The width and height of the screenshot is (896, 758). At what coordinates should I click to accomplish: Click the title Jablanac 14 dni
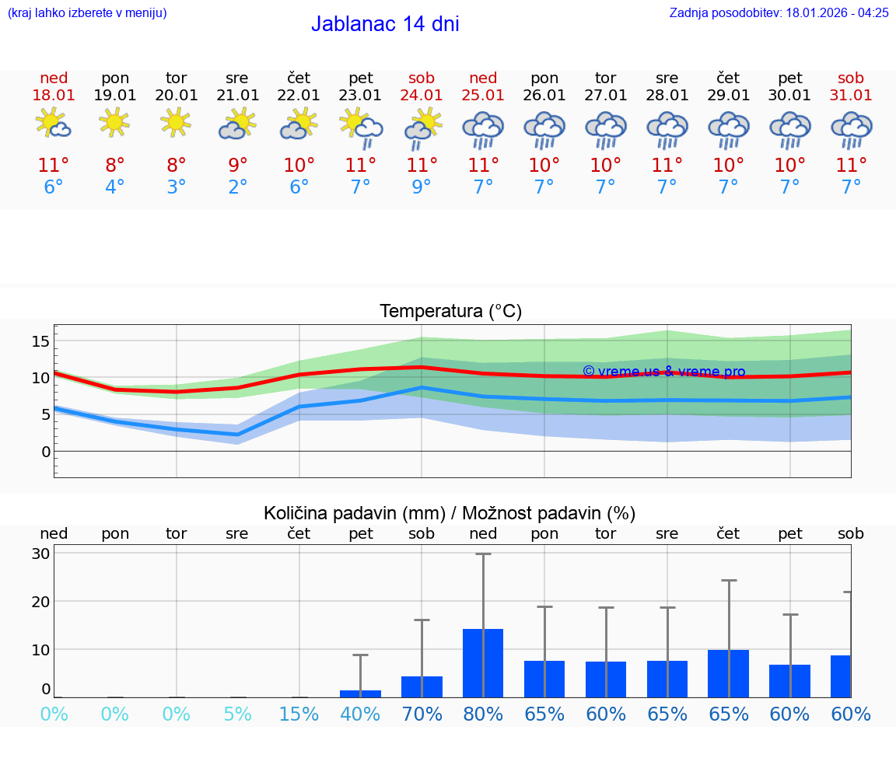tap(385, 24)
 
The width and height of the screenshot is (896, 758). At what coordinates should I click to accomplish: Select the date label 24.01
tap(422, 95)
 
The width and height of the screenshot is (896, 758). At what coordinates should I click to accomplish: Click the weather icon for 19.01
tap(114, 123)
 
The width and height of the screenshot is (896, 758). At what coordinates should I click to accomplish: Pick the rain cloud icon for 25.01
tap(483, 129)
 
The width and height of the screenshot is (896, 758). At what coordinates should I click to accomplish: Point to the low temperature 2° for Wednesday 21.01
tap(237, 187)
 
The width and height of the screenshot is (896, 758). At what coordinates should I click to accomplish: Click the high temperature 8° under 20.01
tap(177, 165)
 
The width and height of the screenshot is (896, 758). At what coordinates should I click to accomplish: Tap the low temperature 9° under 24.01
tap(422, 187)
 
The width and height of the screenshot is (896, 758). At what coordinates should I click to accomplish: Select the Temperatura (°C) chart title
tap(450, 311)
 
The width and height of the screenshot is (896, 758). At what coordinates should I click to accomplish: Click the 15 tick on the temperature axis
tap(41, 341)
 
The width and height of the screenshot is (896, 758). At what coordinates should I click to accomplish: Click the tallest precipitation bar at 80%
tap(483, 662)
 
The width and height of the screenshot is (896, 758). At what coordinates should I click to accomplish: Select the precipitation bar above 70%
tap(422, 686)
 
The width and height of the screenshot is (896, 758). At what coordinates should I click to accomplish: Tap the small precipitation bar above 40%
tap(360, 693)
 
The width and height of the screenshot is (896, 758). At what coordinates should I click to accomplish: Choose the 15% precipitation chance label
tap(299, 714)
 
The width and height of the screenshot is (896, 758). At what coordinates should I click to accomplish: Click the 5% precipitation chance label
tap(237, 714)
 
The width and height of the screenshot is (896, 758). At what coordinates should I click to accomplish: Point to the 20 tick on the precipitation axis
tap(40, 601)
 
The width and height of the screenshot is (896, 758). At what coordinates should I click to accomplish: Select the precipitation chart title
tap(450, 513)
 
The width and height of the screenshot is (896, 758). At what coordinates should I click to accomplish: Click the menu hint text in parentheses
tap(87, 13)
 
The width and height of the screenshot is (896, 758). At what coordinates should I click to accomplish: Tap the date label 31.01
tap(851, 95)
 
